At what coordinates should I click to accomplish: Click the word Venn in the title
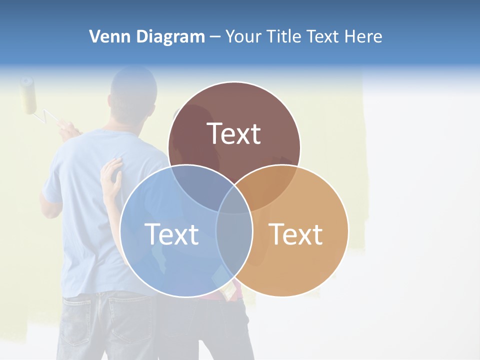pos(105,36)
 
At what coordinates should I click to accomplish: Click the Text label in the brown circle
pos(234,133)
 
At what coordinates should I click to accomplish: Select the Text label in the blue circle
pos(171,234)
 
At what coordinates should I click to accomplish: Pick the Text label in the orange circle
pos(296,234)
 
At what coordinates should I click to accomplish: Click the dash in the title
pos(215,36)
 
